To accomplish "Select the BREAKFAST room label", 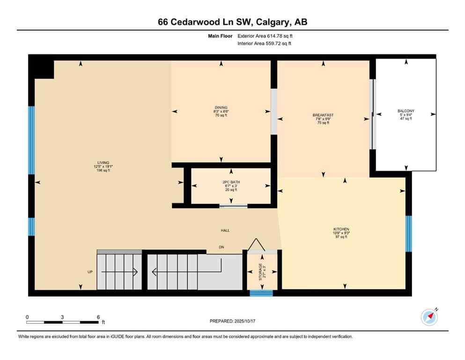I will [323, 115].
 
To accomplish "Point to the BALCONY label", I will [406, 111].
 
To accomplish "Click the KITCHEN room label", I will [341, 229].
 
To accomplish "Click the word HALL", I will [225, 230].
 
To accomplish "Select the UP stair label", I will [90, 272].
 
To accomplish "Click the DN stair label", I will [222, 247].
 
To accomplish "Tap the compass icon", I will [429, 317].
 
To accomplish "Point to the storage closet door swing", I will [256, 245].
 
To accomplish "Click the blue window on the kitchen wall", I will [408, 233].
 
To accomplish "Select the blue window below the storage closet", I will [261, 293].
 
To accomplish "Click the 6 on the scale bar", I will [98, 317].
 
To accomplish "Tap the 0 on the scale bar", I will [27, 317].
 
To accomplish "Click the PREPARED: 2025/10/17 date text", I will [232, 321].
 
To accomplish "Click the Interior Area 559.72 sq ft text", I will [264, 44].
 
